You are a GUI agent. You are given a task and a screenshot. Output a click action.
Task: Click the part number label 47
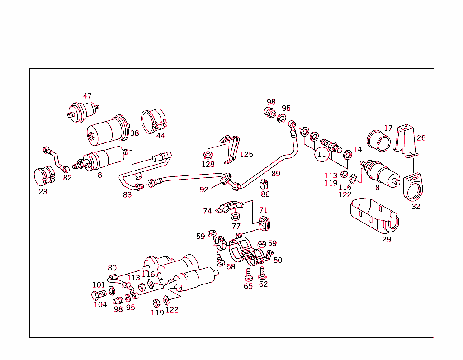[x=87, y=96]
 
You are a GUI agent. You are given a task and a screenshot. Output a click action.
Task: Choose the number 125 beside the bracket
[x=246, y=155]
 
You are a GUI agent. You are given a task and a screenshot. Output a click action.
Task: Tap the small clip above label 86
[x=265, y=185]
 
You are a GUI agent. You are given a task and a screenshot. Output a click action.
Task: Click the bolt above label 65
[x=248, y=274]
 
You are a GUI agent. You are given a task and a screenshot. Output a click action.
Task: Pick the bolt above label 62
[x=262, y=272]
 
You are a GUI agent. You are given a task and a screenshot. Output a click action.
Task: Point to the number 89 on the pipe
[x=276, y=174]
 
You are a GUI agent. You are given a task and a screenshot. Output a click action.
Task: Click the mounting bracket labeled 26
[x=406, y=138]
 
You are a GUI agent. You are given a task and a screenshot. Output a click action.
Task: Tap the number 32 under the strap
[x=416, y=207]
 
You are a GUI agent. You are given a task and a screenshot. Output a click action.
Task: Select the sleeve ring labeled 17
[x=379, y=140]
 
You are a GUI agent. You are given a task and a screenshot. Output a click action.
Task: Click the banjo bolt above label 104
[x=98, y=295]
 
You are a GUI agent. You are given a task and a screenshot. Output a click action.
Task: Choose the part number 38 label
[x=134, y=133]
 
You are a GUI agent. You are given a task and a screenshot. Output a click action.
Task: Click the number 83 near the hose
[x=128, y=194]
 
